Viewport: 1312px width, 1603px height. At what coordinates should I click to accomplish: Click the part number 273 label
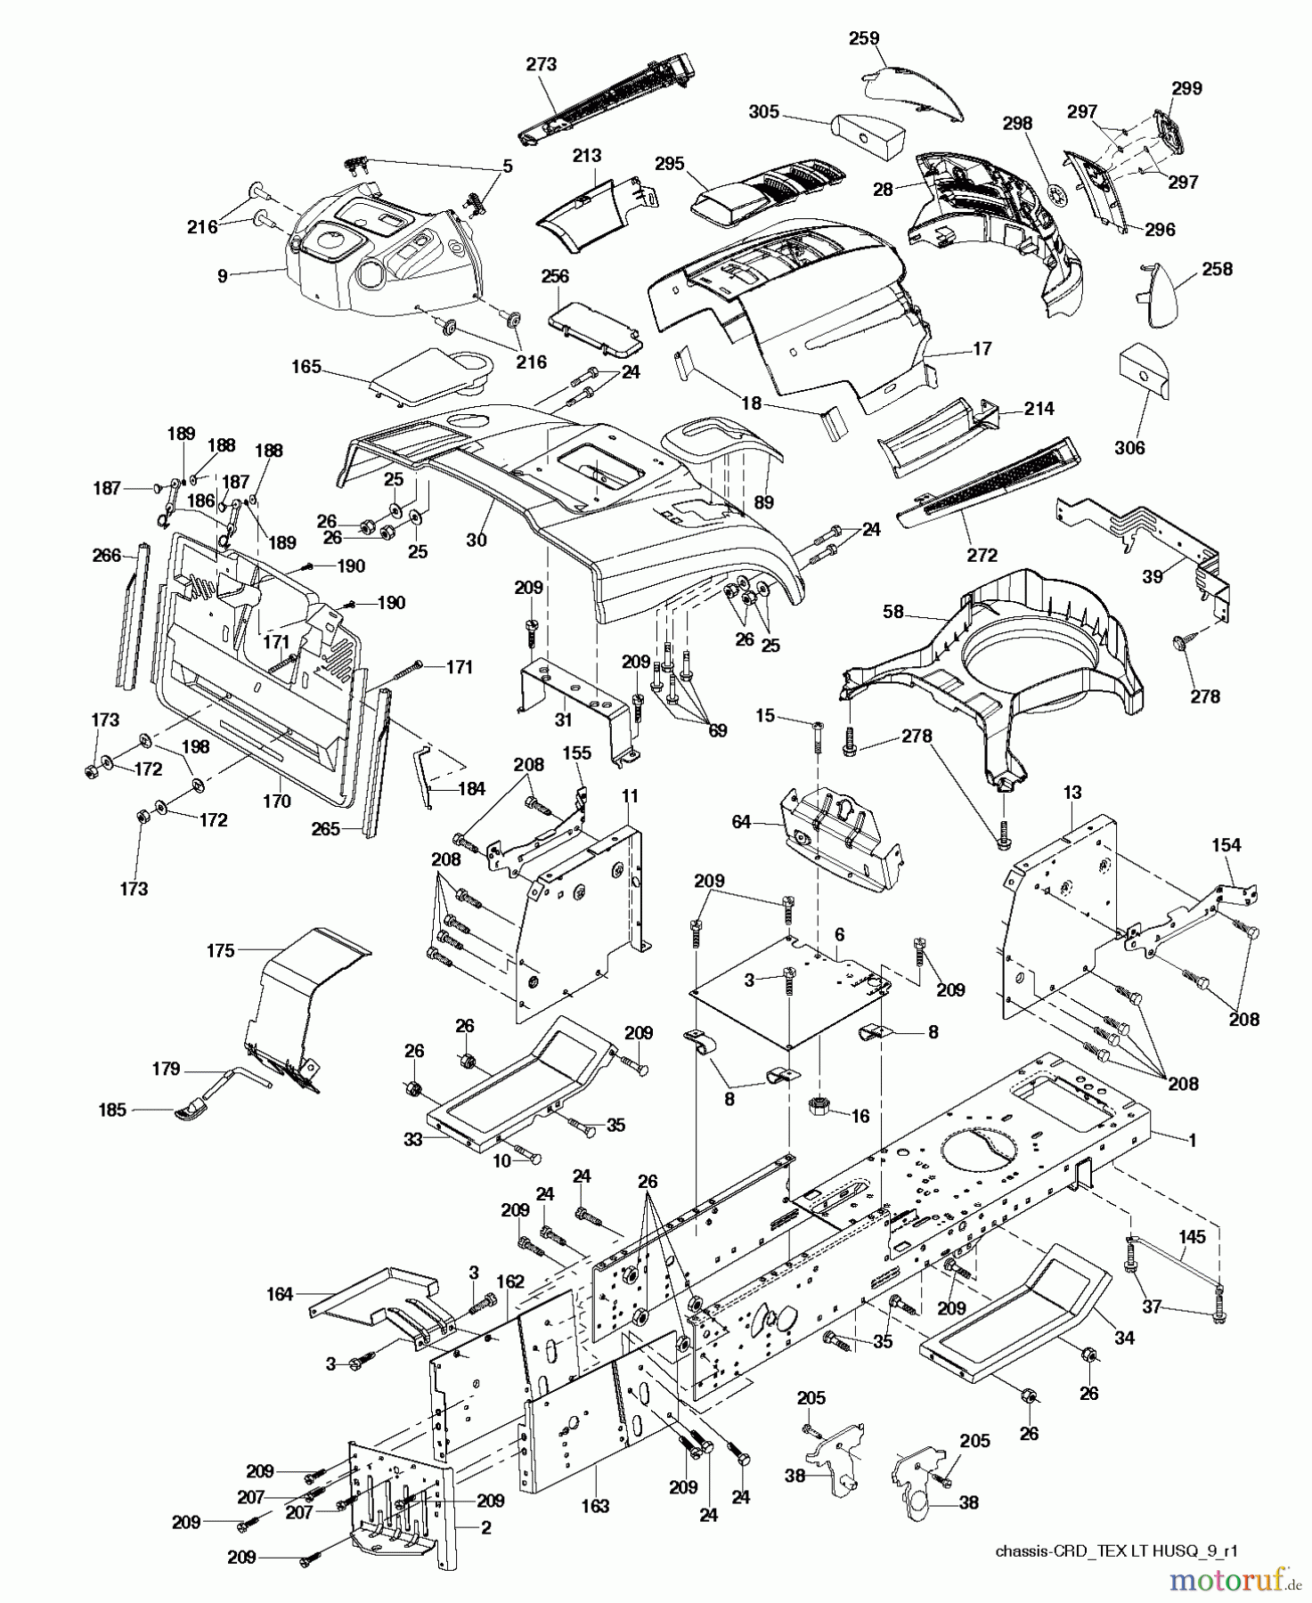coord(541,64)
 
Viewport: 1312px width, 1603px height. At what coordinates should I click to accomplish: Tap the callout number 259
coord(864,38)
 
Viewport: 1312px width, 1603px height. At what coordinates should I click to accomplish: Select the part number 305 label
coord(763,112)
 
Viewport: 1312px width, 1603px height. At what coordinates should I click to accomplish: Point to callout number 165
coord(306,366)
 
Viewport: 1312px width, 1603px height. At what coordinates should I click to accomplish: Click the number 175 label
coord(220,950)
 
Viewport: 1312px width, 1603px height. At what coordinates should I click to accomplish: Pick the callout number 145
coord(1193,1236)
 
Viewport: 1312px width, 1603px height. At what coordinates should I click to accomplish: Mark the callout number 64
coord(741,822)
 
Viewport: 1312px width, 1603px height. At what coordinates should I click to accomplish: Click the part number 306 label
coord(1129,448)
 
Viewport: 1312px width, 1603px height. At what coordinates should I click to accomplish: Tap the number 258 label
coord(1217,268)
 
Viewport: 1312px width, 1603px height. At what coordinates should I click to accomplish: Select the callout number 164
coord(280,1294)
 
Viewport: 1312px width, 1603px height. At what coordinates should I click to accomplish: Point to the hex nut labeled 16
coord(818,1108)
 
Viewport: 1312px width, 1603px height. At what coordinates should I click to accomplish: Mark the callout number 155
coord(576,753)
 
